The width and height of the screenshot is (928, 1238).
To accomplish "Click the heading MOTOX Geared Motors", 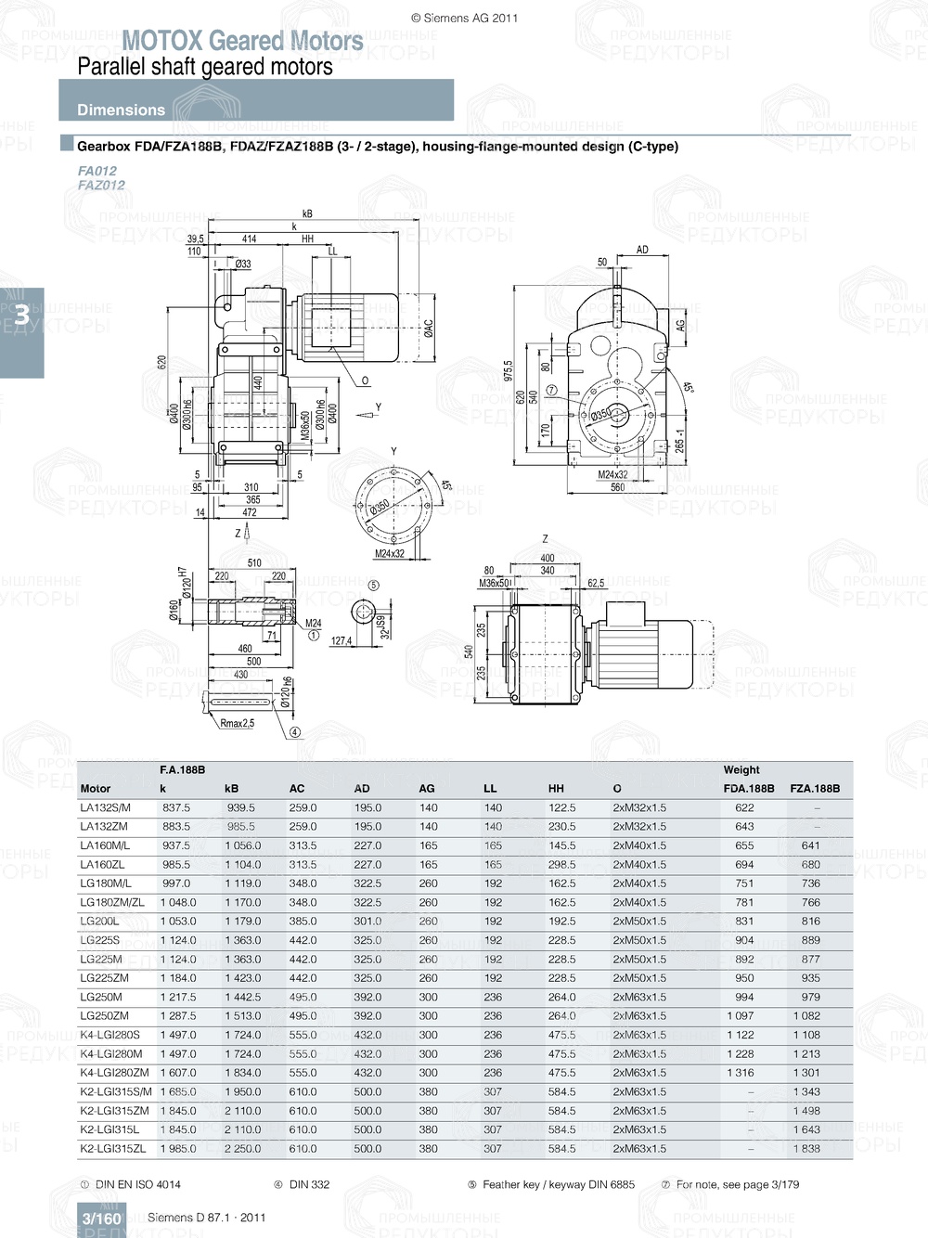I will click(x=242, y=41).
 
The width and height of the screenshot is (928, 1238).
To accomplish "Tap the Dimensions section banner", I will click(x=121, y=110).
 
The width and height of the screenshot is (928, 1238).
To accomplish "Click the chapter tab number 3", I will click(x=20, y=316).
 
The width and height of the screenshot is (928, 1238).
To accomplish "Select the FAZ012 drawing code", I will click(x=101, y=185).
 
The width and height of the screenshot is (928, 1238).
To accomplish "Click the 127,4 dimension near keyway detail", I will click(x=342, y=640).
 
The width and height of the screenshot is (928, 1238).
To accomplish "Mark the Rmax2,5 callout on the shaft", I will click(x=237, y=723).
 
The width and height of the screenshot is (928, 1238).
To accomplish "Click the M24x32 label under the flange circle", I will click(x=389, y=554).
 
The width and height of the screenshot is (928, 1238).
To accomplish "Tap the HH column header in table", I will click(x=556, y=789).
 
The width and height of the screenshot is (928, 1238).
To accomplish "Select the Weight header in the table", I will click(x=741, y=769).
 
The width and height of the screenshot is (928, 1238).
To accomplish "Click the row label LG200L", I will click(x=99, y=922).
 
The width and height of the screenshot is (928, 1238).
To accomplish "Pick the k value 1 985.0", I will click(x=178, y=1149).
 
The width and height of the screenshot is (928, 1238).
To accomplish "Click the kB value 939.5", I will click(x=240, y=808).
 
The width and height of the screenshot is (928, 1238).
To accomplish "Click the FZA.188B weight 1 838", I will click(x=806, y=1149).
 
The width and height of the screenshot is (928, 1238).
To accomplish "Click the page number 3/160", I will click(x=102, y=1219).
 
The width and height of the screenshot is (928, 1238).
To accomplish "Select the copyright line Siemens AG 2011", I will click(x=464, y=18).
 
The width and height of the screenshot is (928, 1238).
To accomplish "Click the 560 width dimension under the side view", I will click(x=617, y=487).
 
